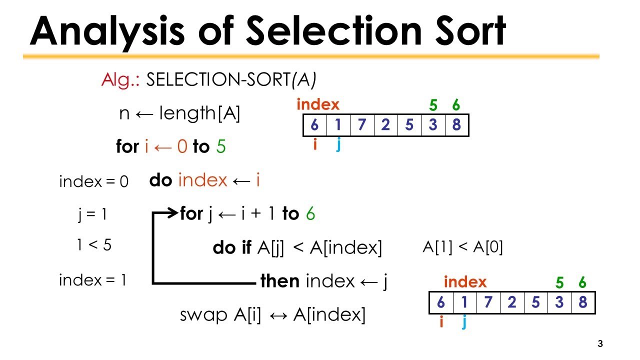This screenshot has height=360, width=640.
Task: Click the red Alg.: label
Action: coord(121,79)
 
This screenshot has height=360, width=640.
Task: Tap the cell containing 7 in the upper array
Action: coord(361,125)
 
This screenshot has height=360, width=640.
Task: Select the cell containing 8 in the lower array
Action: coord(582,302)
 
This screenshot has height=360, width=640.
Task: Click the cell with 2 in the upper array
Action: coord(385,125)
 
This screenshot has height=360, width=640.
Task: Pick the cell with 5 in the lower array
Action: coord(535,302)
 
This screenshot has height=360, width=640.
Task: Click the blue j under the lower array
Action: coord(464,322)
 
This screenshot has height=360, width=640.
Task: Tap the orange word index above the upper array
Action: coord(318,104)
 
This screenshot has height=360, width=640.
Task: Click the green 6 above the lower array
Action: coord(582,282)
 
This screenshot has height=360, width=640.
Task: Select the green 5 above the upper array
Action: coord(433,105)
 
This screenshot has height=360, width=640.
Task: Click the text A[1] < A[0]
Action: coord(462,247)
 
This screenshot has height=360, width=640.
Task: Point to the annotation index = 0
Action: coord(93,181)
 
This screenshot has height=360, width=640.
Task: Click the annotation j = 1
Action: coord(92,214)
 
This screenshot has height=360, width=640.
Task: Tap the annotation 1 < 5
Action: coord(94,245)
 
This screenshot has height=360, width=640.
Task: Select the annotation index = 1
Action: coord(92,280)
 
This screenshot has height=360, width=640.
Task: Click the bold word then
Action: coord(280,281)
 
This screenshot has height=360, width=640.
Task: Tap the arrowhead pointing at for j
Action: coord(173,214)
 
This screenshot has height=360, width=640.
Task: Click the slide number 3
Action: coord(600,344)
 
